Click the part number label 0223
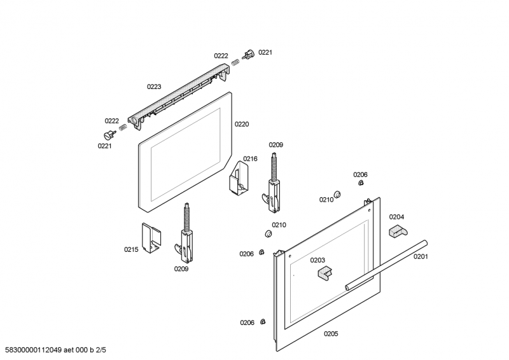154,87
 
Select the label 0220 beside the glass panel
241,125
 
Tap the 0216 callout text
250,159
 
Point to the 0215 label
130,249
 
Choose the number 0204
396,216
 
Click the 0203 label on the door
317,260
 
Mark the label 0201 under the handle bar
421,256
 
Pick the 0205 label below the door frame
331,334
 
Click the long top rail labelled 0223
178,95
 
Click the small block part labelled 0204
397,229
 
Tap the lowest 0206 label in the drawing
247,323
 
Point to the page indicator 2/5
101,350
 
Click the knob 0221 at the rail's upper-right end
249,54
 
